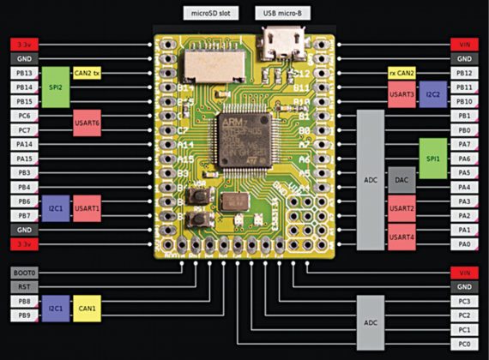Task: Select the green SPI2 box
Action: (x=56, y=87)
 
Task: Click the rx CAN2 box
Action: (x=402, y=73)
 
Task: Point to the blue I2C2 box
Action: (x=434, y=94)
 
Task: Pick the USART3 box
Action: (x=402, y=94)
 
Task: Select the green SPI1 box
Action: (x=434, y=158)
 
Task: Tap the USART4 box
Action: (x=402, y=237)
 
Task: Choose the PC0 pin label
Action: (x=464, y=344)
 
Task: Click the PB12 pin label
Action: (x=464, y=73)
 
